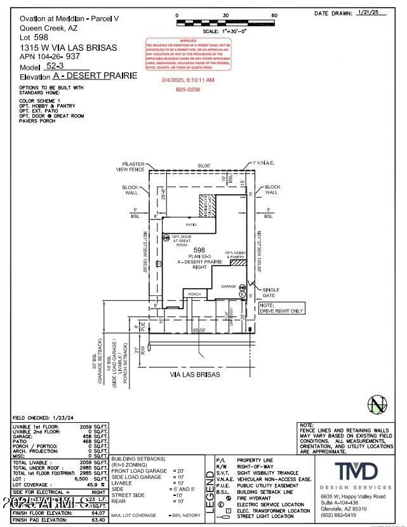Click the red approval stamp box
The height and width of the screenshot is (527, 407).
tap(189, 56)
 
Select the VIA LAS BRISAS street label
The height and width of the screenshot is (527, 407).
tap(195, 375)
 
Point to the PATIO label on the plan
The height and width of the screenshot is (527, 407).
tap(190, 225)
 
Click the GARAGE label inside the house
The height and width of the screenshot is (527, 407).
tap(228, 286)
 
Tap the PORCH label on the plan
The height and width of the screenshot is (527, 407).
tap(194, 294)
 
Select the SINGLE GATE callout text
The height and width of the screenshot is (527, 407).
tap(271, 292)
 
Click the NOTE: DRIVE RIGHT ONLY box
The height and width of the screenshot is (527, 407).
tap(281, 308)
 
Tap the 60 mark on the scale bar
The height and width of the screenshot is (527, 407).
tap(274, 15)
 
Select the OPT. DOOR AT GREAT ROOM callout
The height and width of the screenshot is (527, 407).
tap(182, 239)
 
